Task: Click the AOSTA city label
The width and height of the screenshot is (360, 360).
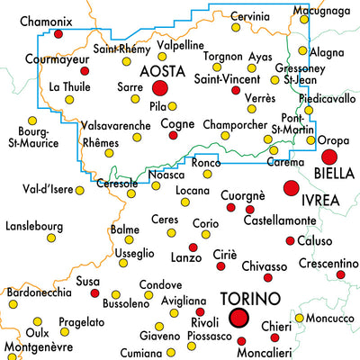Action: pos(161,69)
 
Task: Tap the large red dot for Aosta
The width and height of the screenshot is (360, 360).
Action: pos(161,88)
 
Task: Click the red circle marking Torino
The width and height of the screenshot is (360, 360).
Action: pos(238,317)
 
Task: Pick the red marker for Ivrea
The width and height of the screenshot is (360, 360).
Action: pos(290,188)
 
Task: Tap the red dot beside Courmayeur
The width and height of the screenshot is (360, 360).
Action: pos(85,70)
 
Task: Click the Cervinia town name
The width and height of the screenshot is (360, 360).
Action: pos(248,16)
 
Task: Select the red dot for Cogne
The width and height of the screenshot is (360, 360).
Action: pos(174,135)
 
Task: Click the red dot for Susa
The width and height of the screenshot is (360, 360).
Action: pos(94,293)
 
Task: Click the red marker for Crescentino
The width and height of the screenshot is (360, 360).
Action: pos(340,274)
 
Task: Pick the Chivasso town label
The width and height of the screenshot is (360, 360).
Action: pos(264,265)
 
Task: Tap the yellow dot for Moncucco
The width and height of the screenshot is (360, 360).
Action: pos(299,317)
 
